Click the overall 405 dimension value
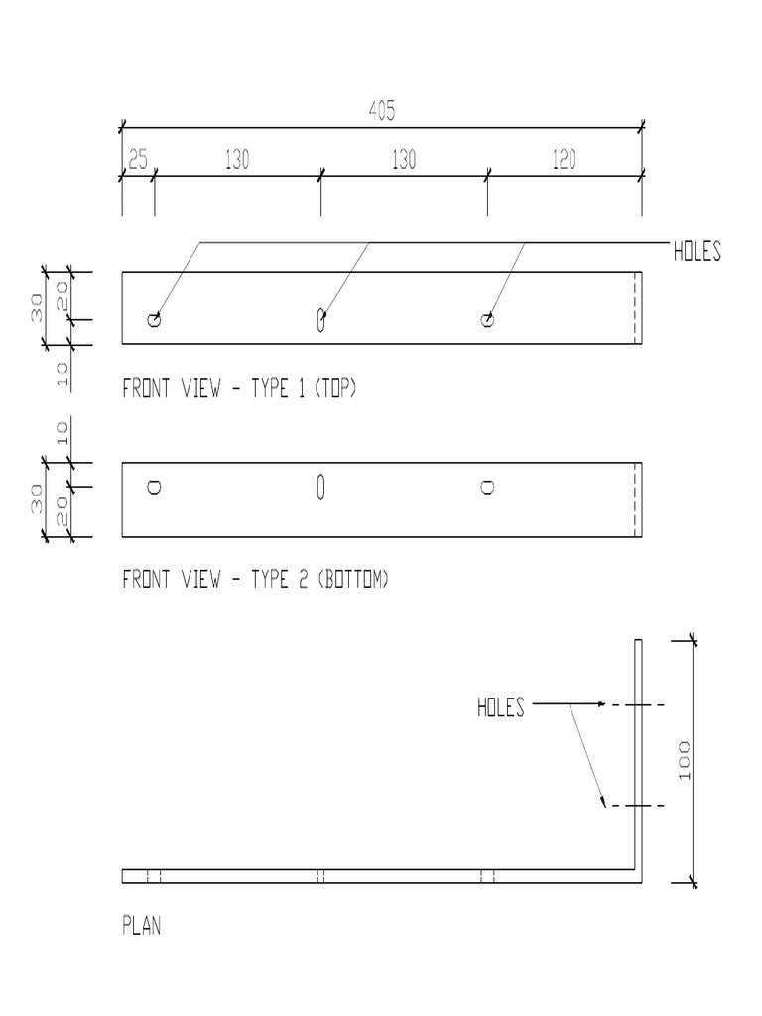(382, 113)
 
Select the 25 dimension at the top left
(137, 161)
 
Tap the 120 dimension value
(564, 161)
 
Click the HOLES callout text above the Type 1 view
(697, 252)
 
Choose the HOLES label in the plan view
(500, 707)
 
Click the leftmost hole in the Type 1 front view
(154, 319)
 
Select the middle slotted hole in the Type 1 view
(320, 318)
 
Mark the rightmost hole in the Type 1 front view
(487, 319)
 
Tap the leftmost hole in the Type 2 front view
(154, 487)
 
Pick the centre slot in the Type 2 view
(320, 486)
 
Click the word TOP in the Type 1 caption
(333, 389)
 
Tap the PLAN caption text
(141, 927)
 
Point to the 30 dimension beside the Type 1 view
(35, 308)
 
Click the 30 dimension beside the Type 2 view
(35, 500)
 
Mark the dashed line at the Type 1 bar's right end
(635, 308)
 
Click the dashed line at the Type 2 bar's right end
(635, 500)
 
